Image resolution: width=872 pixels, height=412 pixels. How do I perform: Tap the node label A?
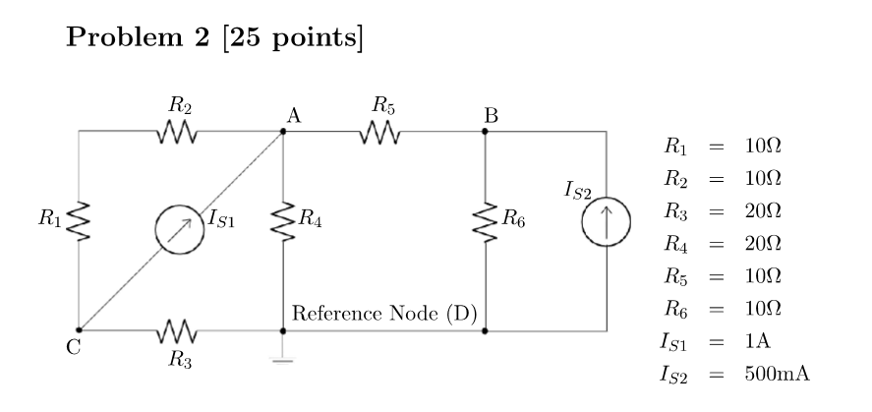coord(292,115)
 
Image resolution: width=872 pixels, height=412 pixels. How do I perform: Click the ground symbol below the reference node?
coord(283,359)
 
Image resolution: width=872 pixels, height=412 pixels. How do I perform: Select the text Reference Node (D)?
coord(385,315)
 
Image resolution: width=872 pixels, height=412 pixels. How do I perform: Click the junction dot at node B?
coord(485,131)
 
